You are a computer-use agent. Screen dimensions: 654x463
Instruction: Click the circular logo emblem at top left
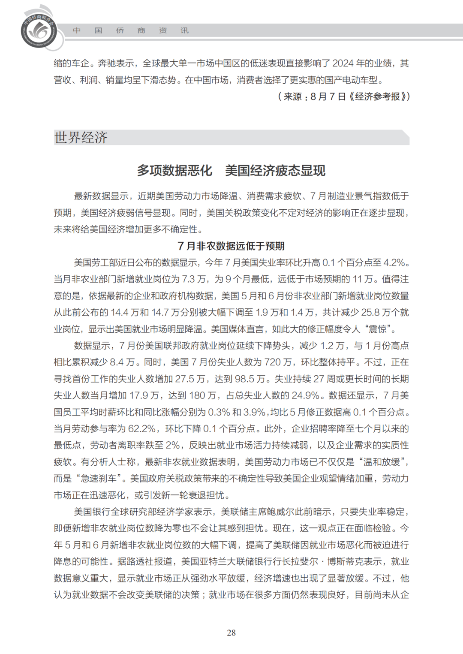pos(39,30)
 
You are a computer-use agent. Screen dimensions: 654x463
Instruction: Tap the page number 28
pos(231,633)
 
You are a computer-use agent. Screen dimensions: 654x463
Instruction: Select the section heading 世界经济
pos(81,138)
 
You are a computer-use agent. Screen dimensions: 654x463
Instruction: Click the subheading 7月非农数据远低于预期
pos(231,246)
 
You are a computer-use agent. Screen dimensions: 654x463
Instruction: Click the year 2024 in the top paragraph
pos(343,63)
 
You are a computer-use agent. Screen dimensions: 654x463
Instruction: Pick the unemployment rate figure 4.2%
pos(394,262)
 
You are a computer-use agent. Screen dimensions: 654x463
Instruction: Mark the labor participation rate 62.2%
pos(142,429)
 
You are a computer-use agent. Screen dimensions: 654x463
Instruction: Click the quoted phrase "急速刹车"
pos(99,479)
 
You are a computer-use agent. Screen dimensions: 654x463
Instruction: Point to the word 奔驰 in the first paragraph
pos(107,63)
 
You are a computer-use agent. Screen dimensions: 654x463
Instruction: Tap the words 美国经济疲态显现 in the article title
pos(275,171)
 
